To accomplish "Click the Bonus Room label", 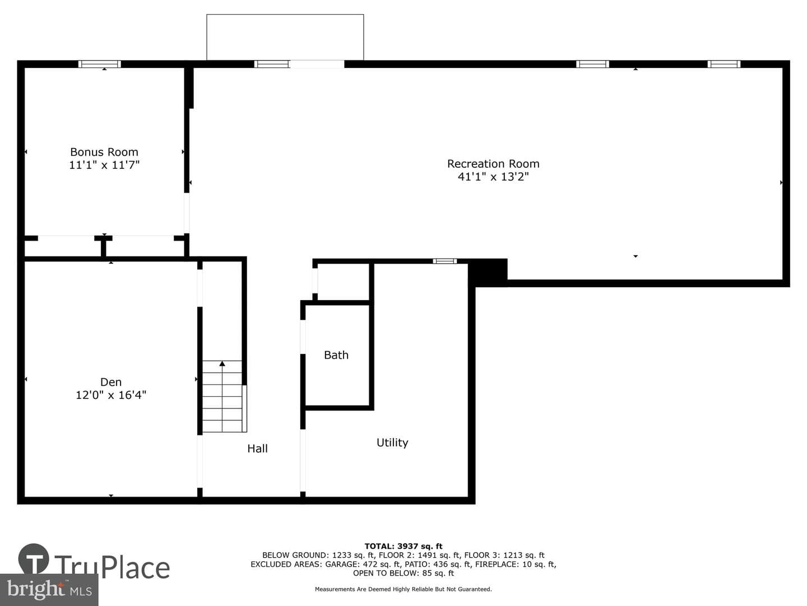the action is [x=104, y=152].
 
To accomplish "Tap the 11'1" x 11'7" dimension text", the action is [x=104, y=165].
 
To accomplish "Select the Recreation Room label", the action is [x=493, y=164].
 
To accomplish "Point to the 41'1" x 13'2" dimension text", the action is [x=493, y=177].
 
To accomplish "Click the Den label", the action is [x=110, y=382].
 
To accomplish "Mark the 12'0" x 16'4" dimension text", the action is [x=110, y=395].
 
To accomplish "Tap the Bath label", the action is [x=336, y=355].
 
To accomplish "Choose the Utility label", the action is [x=392, y=443].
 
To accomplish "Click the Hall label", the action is [x=257, y=448].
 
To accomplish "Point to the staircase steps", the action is [x=222, y=396].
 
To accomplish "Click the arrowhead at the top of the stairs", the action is [x=222, y=364].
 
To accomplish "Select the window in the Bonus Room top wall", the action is [x=100, y=64].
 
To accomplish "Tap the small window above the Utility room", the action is [x=444, y=261].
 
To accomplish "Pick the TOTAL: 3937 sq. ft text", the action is [x=403, y=546].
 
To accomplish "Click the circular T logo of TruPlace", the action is [x=34, y=559].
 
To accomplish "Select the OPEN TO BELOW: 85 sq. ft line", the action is [x=403, y=573].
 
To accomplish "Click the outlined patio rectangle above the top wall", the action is [x=285, y=15].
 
